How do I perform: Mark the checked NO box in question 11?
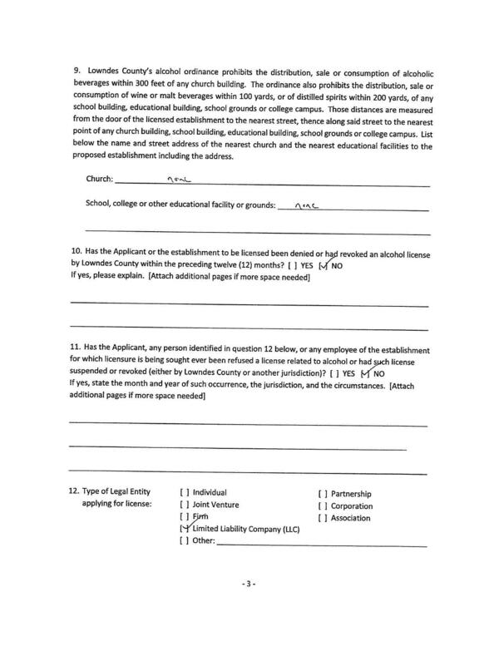point(365,373)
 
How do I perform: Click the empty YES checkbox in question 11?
point(333,373)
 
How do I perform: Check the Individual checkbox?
point(184,492)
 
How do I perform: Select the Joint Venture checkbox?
point(184,505)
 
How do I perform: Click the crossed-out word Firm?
point(202,517)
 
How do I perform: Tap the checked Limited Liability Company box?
point(184,530)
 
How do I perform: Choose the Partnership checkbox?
point(322,493)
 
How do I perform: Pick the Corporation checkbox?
point(322,505)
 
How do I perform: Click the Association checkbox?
point(322,518)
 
